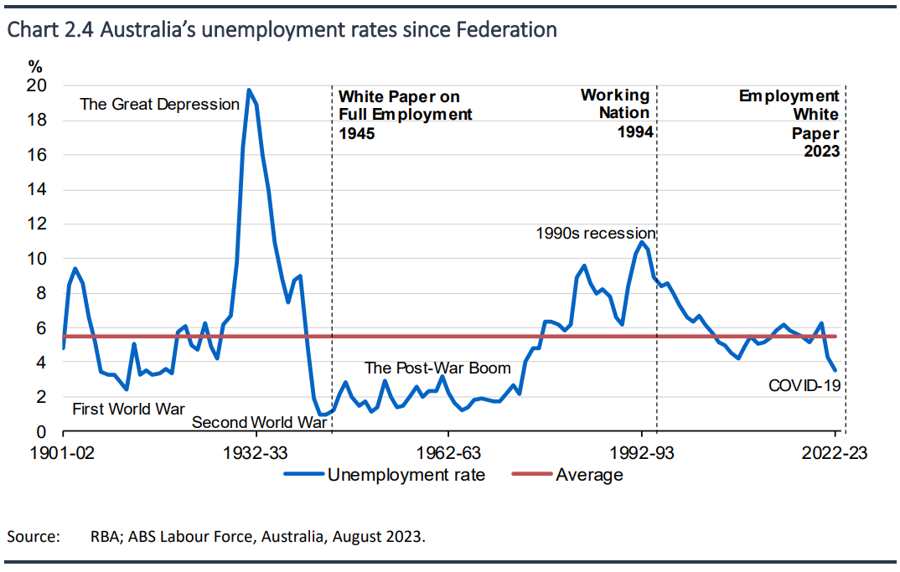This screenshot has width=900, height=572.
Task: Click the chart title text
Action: coord(282,30)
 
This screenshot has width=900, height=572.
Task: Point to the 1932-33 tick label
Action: coord(256,454)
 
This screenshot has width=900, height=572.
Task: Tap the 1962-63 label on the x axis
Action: coord(448,454)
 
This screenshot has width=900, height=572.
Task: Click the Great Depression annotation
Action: coord(159,105)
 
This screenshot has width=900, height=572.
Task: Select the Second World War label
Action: coord(259,422)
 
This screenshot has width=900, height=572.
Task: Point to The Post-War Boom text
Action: coord(437,368)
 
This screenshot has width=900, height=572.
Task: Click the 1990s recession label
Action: coord(595,233)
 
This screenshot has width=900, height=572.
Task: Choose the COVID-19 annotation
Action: coord(804,386)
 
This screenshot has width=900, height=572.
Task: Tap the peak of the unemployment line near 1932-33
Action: coord(249,90)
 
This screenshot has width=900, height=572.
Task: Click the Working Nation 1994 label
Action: coord(617,113)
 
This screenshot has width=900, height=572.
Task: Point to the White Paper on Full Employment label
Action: coord(405,115)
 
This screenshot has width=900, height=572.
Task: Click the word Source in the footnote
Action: coord(33,536)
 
